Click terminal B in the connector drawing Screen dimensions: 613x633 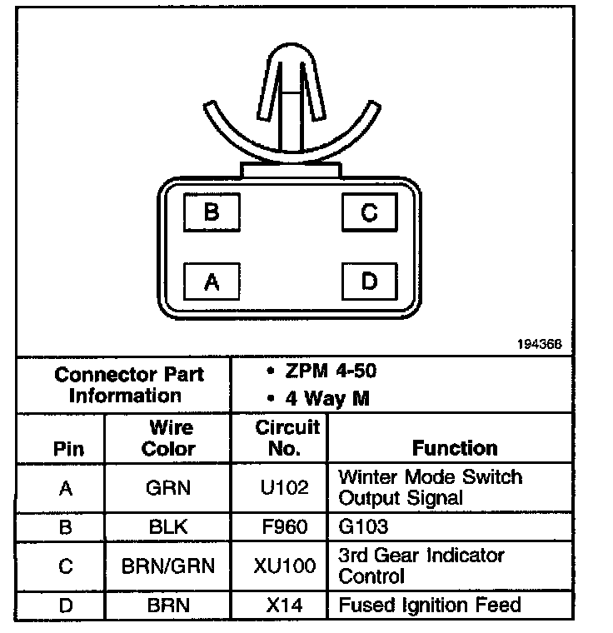212,212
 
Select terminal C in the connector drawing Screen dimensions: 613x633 368,212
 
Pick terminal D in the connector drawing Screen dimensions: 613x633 368,282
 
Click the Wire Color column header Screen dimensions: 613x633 170,438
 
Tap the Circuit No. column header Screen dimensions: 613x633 287,438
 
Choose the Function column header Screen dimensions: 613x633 455,448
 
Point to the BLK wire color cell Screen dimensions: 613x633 169,527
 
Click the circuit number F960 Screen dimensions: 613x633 284,527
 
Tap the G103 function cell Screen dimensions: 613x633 364,527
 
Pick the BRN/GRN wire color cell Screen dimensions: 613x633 169,566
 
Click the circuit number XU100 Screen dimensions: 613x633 284,566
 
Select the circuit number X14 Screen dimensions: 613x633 284,605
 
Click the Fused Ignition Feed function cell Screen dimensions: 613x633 430,605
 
